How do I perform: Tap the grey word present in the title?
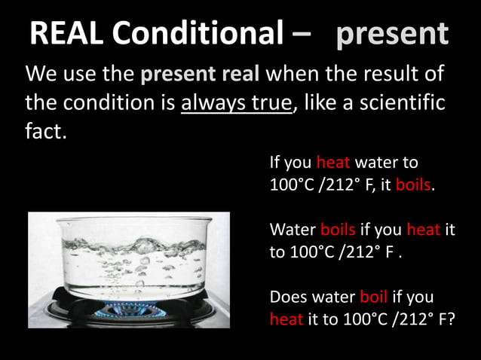click(x=391, y=33)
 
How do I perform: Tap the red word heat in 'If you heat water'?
click(x=329, y=162)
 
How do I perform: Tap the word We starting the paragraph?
click(x=40, y=75)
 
